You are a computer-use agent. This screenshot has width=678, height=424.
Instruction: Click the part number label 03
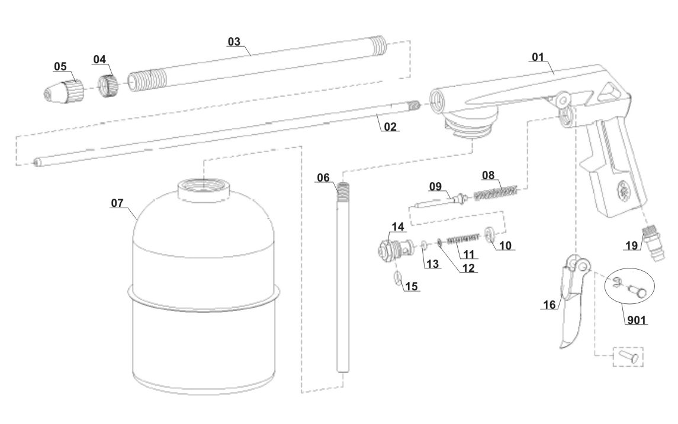tap(234, 41)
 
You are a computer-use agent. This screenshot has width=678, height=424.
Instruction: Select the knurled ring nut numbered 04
tap(108, 85)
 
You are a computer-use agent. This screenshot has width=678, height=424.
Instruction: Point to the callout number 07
tap(117, 203)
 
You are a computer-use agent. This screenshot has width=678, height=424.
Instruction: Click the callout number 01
tap(537, 57)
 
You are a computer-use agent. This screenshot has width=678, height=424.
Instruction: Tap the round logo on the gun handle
tap(622, 190)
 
